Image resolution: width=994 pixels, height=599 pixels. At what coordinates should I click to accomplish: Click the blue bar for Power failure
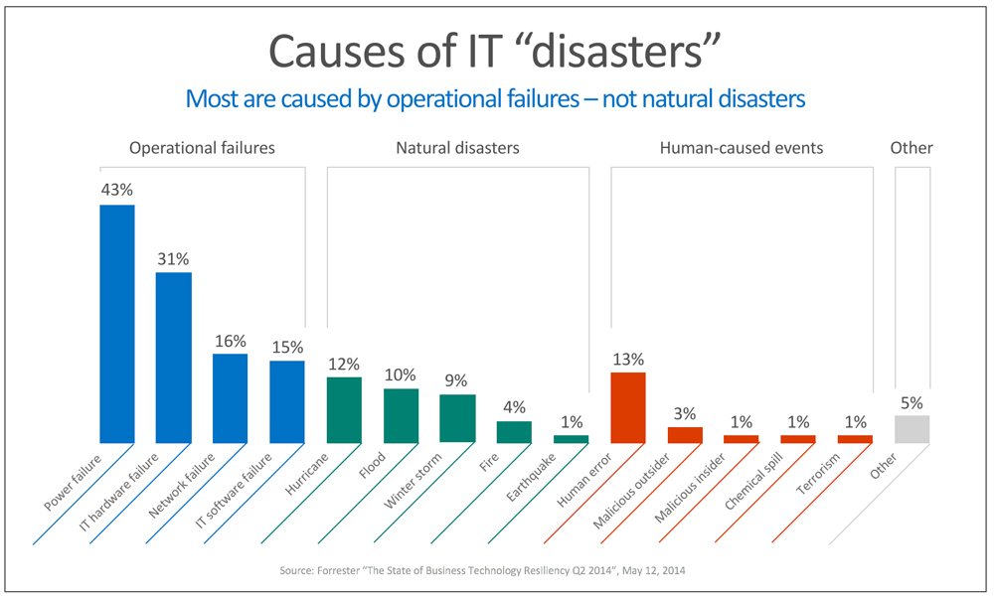coord(117,323)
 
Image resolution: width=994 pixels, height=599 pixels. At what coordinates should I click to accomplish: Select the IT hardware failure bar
coord(174,357)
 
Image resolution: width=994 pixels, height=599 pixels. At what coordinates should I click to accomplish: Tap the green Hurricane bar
coord(344,409)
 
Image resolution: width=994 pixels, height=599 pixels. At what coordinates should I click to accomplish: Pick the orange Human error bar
coord(628,407)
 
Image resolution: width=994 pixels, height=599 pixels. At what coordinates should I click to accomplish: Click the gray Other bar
coord(912,429)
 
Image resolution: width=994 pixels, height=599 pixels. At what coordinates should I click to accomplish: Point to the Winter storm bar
coord(457,418)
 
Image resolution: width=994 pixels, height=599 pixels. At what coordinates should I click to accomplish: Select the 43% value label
coord(116,189)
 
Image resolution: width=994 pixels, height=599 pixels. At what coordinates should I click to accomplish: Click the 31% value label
coord(174,256)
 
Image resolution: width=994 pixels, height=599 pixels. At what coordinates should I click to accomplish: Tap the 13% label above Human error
coord(628,358)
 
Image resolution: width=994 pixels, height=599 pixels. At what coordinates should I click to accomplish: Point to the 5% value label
coord(912,402)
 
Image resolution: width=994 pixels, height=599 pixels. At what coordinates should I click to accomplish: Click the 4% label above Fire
coord(514,406)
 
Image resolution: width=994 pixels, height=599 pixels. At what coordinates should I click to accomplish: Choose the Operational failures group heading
coord(202,148)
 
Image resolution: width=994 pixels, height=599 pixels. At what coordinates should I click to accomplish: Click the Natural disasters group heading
coord(457,148)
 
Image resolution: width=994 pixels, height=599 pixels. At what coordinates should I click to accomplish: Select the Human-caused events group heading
coord(742,148)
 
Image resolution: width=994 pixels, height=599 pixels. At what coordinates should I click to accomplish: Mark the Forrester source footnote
coord(497,571)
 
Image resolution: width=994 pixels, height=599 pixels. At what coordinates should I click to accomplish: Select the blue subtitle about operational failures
coord(495,99)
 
